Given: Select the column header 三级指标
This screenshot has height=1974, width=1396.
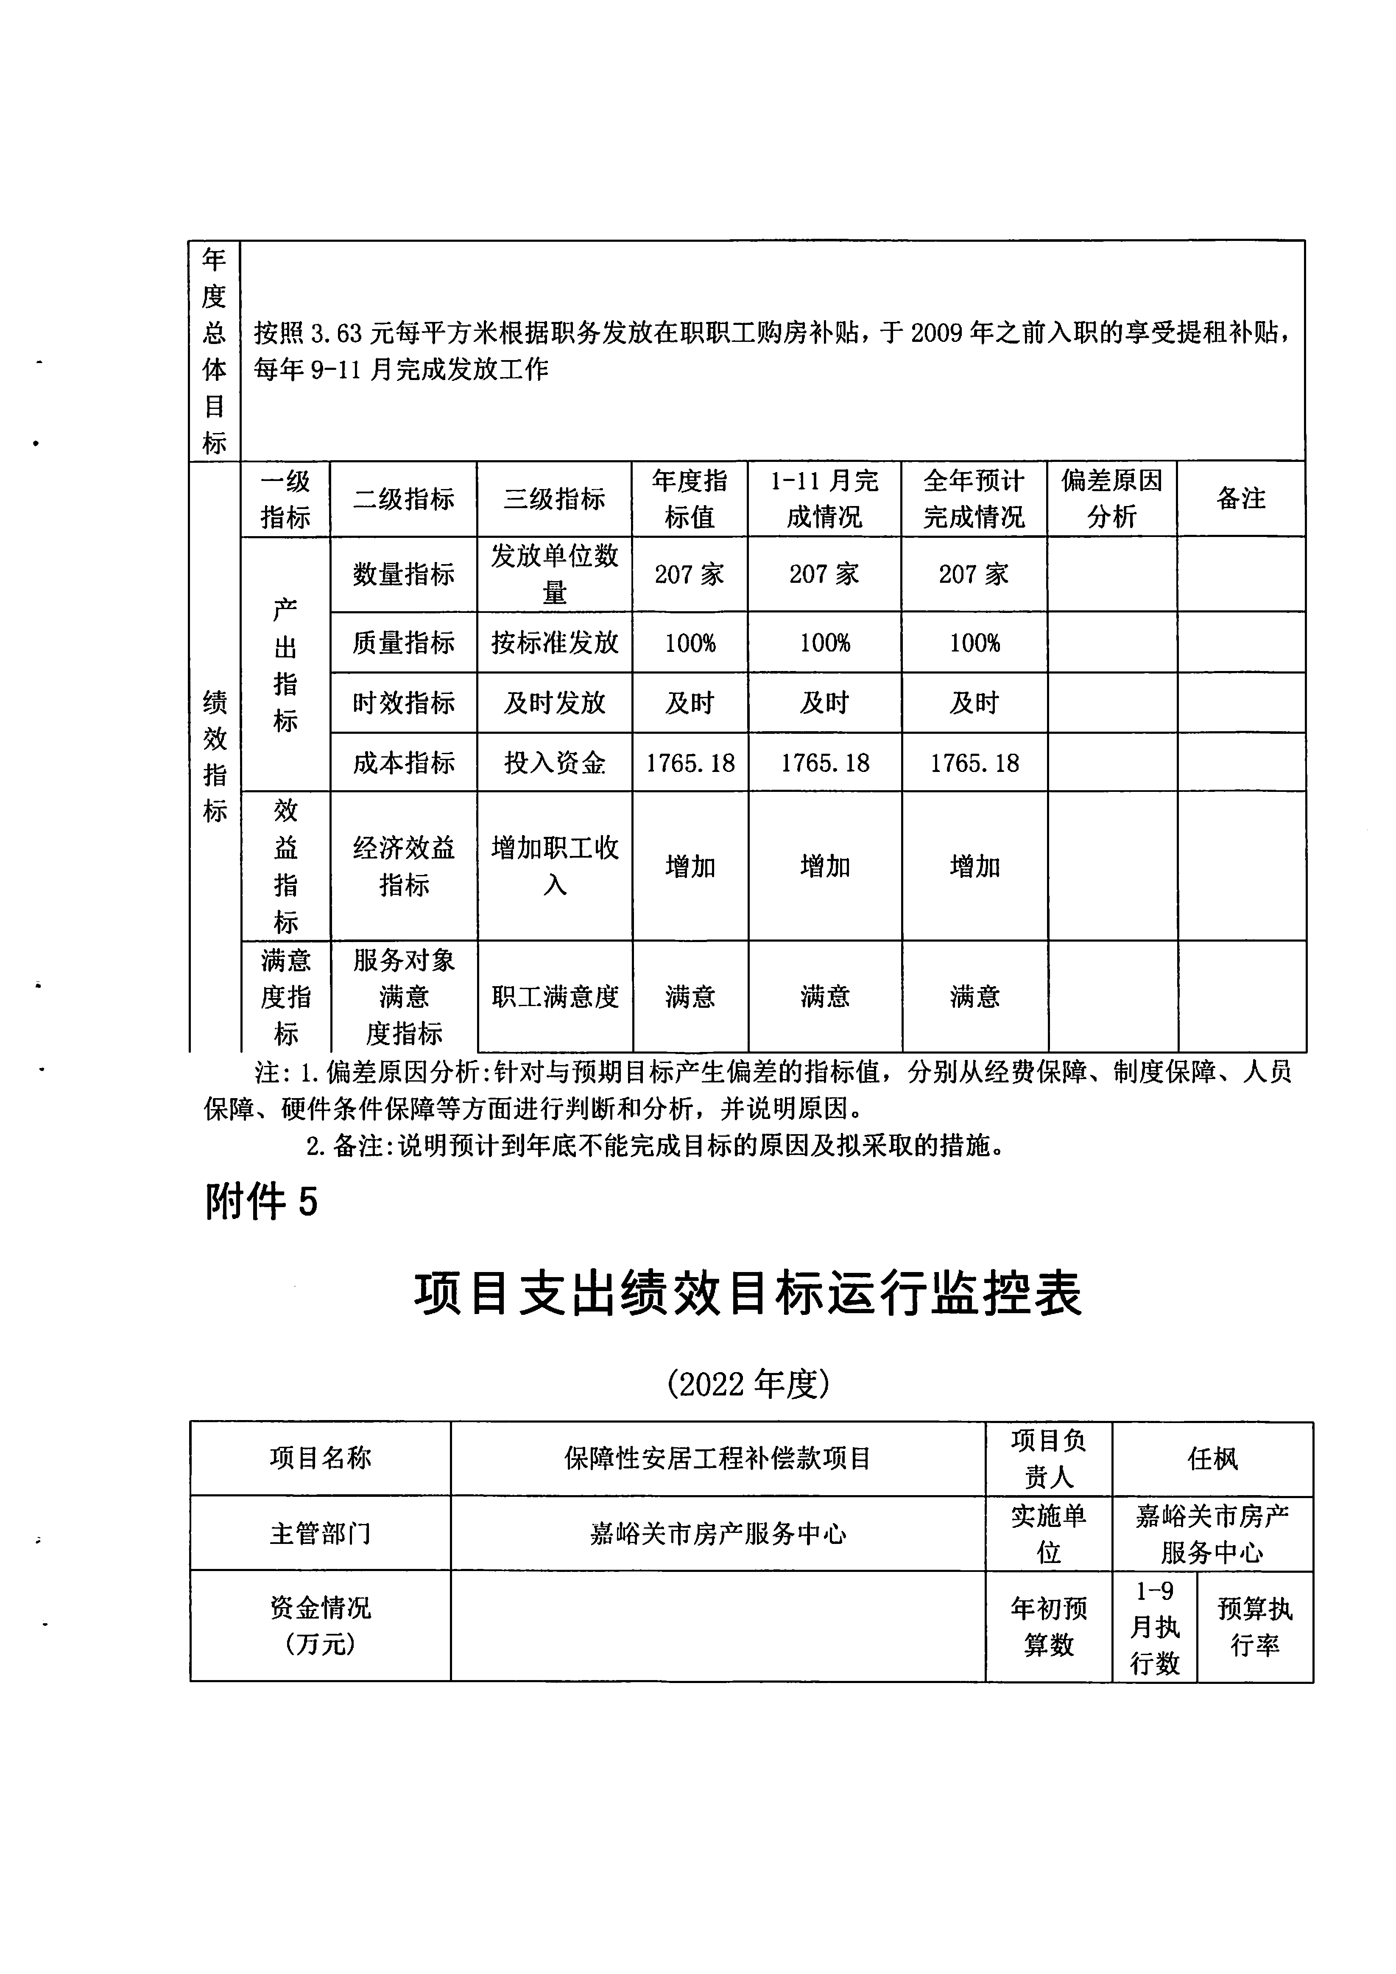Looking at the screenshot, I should pyautogui.click(x=554, y=499).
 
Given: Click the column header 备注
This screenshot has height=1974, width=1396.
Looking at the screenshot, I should pyautogui.click(x=1240, y=499).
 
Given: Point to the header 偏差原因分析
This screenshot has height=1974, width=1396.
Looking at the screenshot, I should pyautogui.click(x=1111, y=499).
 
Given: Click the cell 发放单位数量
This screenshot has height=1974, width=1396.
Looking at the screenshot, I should pyautogui.click(x=554, y=574).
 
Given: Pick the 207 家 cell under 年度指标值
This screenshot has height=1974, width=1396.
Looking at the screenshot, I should pyautogui.click(x=690, y=574).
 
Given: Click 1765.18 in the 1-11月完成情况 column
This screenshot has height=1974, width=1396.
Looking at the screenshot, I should pyautogui.click(x=824, y=763).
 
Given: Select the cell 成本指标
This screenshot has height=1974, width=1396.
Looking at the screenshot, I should pyautogui.click(x=403, y=763).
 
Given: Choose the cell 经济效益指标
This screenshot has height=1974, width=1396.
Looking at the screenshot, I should pyautogui.click(x=403, y=866).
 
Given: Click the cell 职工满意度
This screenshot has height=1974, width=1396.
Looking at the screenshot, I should pyautogui.click(x=554, y=996).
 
